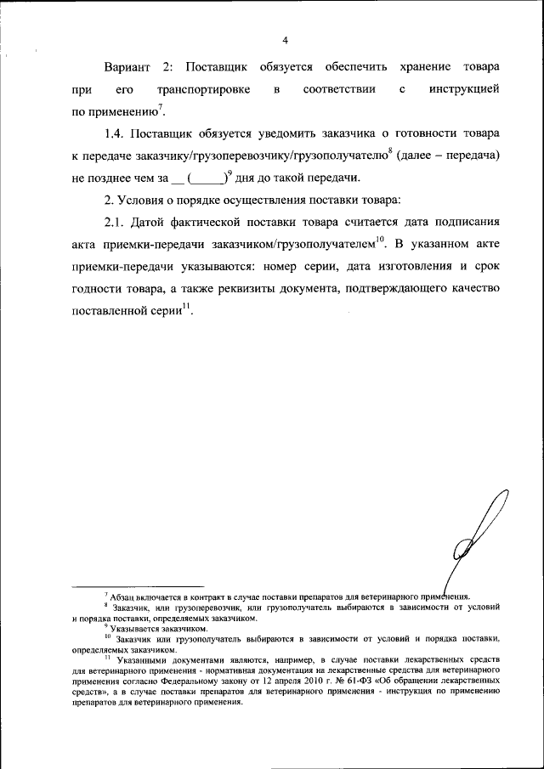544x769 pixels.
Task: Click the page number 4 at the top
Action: point(286,40)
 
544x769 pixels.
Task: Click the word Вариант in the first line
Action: point(132,66)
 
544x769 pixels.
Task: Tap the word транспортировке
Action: point(197,89)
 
